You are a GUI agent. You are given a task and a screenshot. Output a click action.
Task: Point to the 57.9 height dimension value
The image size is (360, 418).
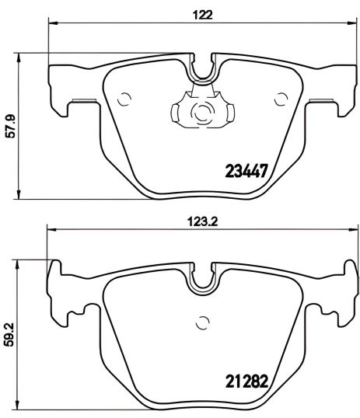click(x=10, y=124)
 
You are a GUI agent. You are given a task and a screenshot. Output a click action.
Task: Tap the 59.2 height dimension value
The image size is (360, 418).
click(x=10, y=333)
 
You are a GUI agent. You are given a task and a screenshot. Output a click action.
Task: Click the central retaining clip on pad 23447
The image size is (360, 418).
click(x=202, y=111)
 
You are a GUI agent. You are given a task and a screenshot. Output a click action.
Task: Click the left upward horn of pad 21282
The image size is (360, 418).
click(x=55, y=268)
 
